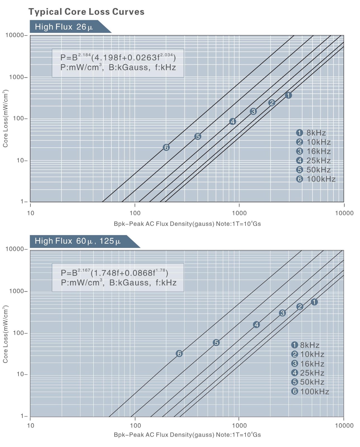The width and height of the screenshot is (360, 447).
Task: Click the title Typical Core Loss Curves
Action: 86,12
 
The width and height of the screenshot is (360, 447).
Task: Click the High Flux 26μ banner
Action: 64,27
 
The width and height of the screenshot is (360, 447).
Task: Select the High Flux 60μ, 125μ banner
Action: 78,241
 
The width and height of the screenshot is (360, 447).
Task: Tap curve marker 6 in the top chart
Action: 166,147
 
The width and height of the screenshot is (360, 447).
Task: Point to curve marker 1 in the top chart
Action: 289,95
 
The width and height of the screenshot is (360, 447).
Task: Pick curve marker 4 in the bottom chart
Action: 256,325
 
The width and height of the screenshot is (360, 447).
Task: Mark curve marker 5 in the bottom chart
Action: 216,342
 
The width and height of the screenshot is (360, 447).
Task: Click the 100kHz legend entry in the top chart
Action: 316,179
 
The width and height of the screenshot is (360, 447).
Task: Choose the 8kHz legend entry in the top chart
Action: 311,133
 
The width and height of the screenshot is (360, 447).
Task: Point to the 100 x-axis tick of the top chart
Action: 135,213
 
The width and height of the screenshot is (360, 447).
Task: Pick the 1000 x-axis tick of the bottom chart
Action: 239,425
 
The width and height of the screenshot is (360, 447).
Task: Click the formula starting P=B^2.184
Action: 118,58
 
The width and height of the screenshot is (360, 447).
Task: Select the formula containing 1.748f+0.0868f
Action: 115,273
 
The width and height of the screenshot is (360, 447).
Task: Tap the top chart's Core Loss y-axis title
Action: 5,119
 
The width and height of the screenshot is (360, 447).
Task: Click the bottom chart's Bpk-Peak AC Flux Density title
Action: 187,435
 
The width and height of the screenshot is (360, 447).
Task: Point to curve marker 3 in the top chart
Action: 253,112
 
